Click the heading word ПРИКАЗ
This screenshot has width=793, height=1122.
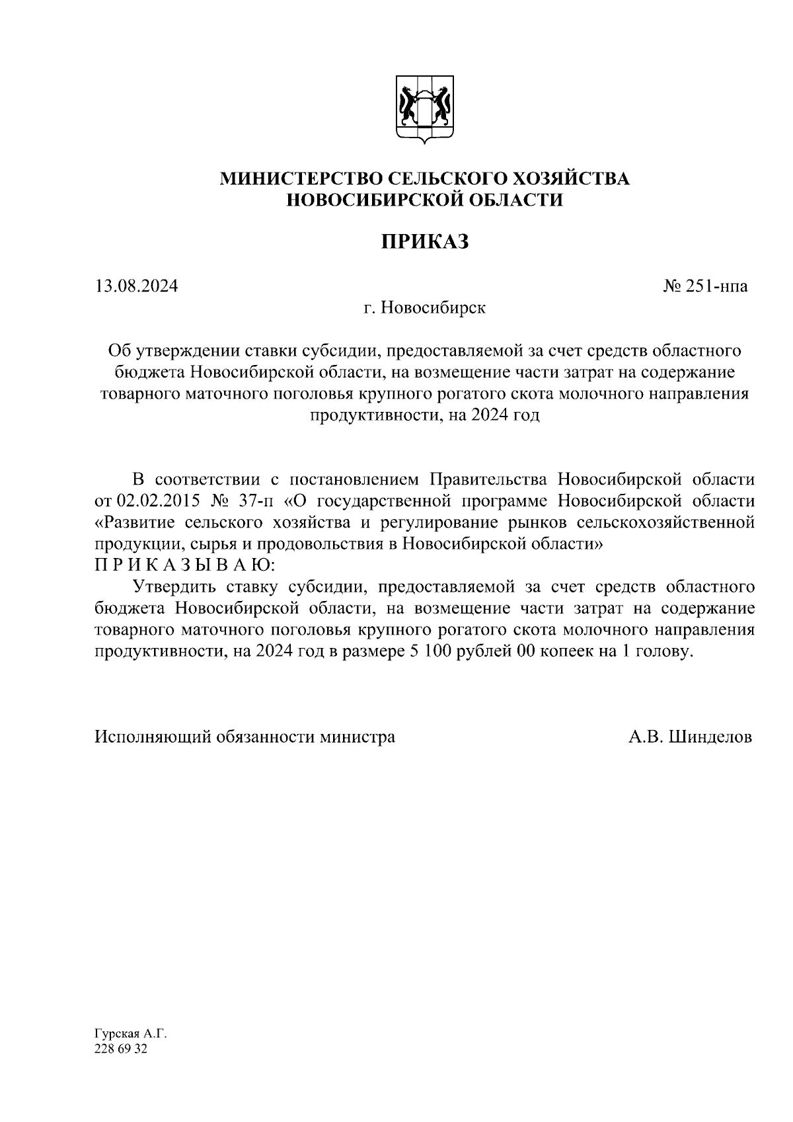coord(425,242)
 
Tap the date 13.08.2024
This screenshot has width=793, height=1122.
coord(136,286)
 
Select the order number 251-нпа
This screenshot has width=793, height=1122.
coord(716,287)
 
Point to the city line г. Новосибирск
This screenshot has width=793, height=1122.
coord(424,307)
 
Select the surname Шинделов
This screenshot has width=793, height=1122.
coord(710,737)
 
